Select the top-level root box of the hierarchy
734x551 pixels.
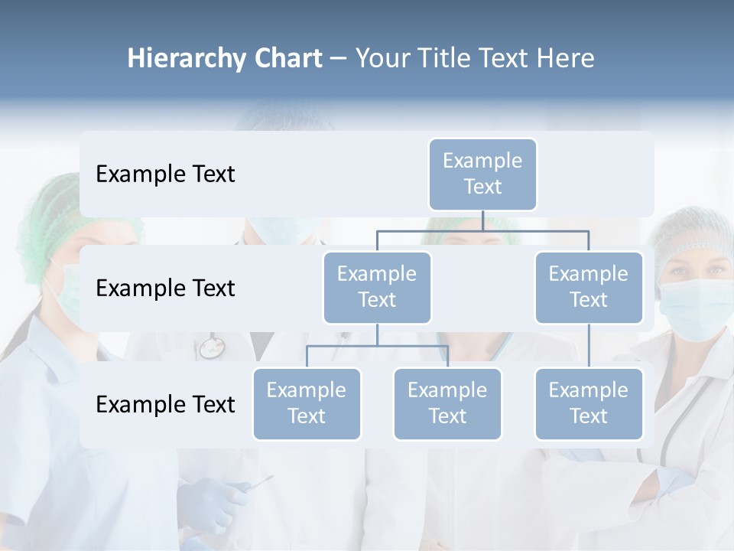(x=482, y=174)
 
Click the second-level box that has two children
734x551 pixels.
(x=377, y=287)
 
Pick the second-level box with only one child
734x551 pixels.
(x=589, y=287)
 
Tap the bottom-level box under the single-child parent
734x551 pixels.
(x=589, y=403)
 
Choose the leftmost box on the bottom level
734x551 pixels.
(x=307, y=403)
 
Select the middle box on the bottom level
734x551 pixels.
(x=447, y=403)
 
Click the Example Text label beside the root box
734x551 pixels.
(x=165, y=174)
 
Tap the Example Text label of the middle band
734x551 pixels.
(x=165, y=288)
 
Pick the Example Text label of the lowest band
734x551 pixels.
(x=165, y=404)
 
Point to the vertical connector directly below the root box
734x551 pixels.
(x=482, y=220)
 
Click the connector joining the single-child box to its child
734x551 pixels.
(x=589, y=346)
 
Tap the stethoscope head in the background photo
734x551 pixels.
(x=211, y=349)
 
